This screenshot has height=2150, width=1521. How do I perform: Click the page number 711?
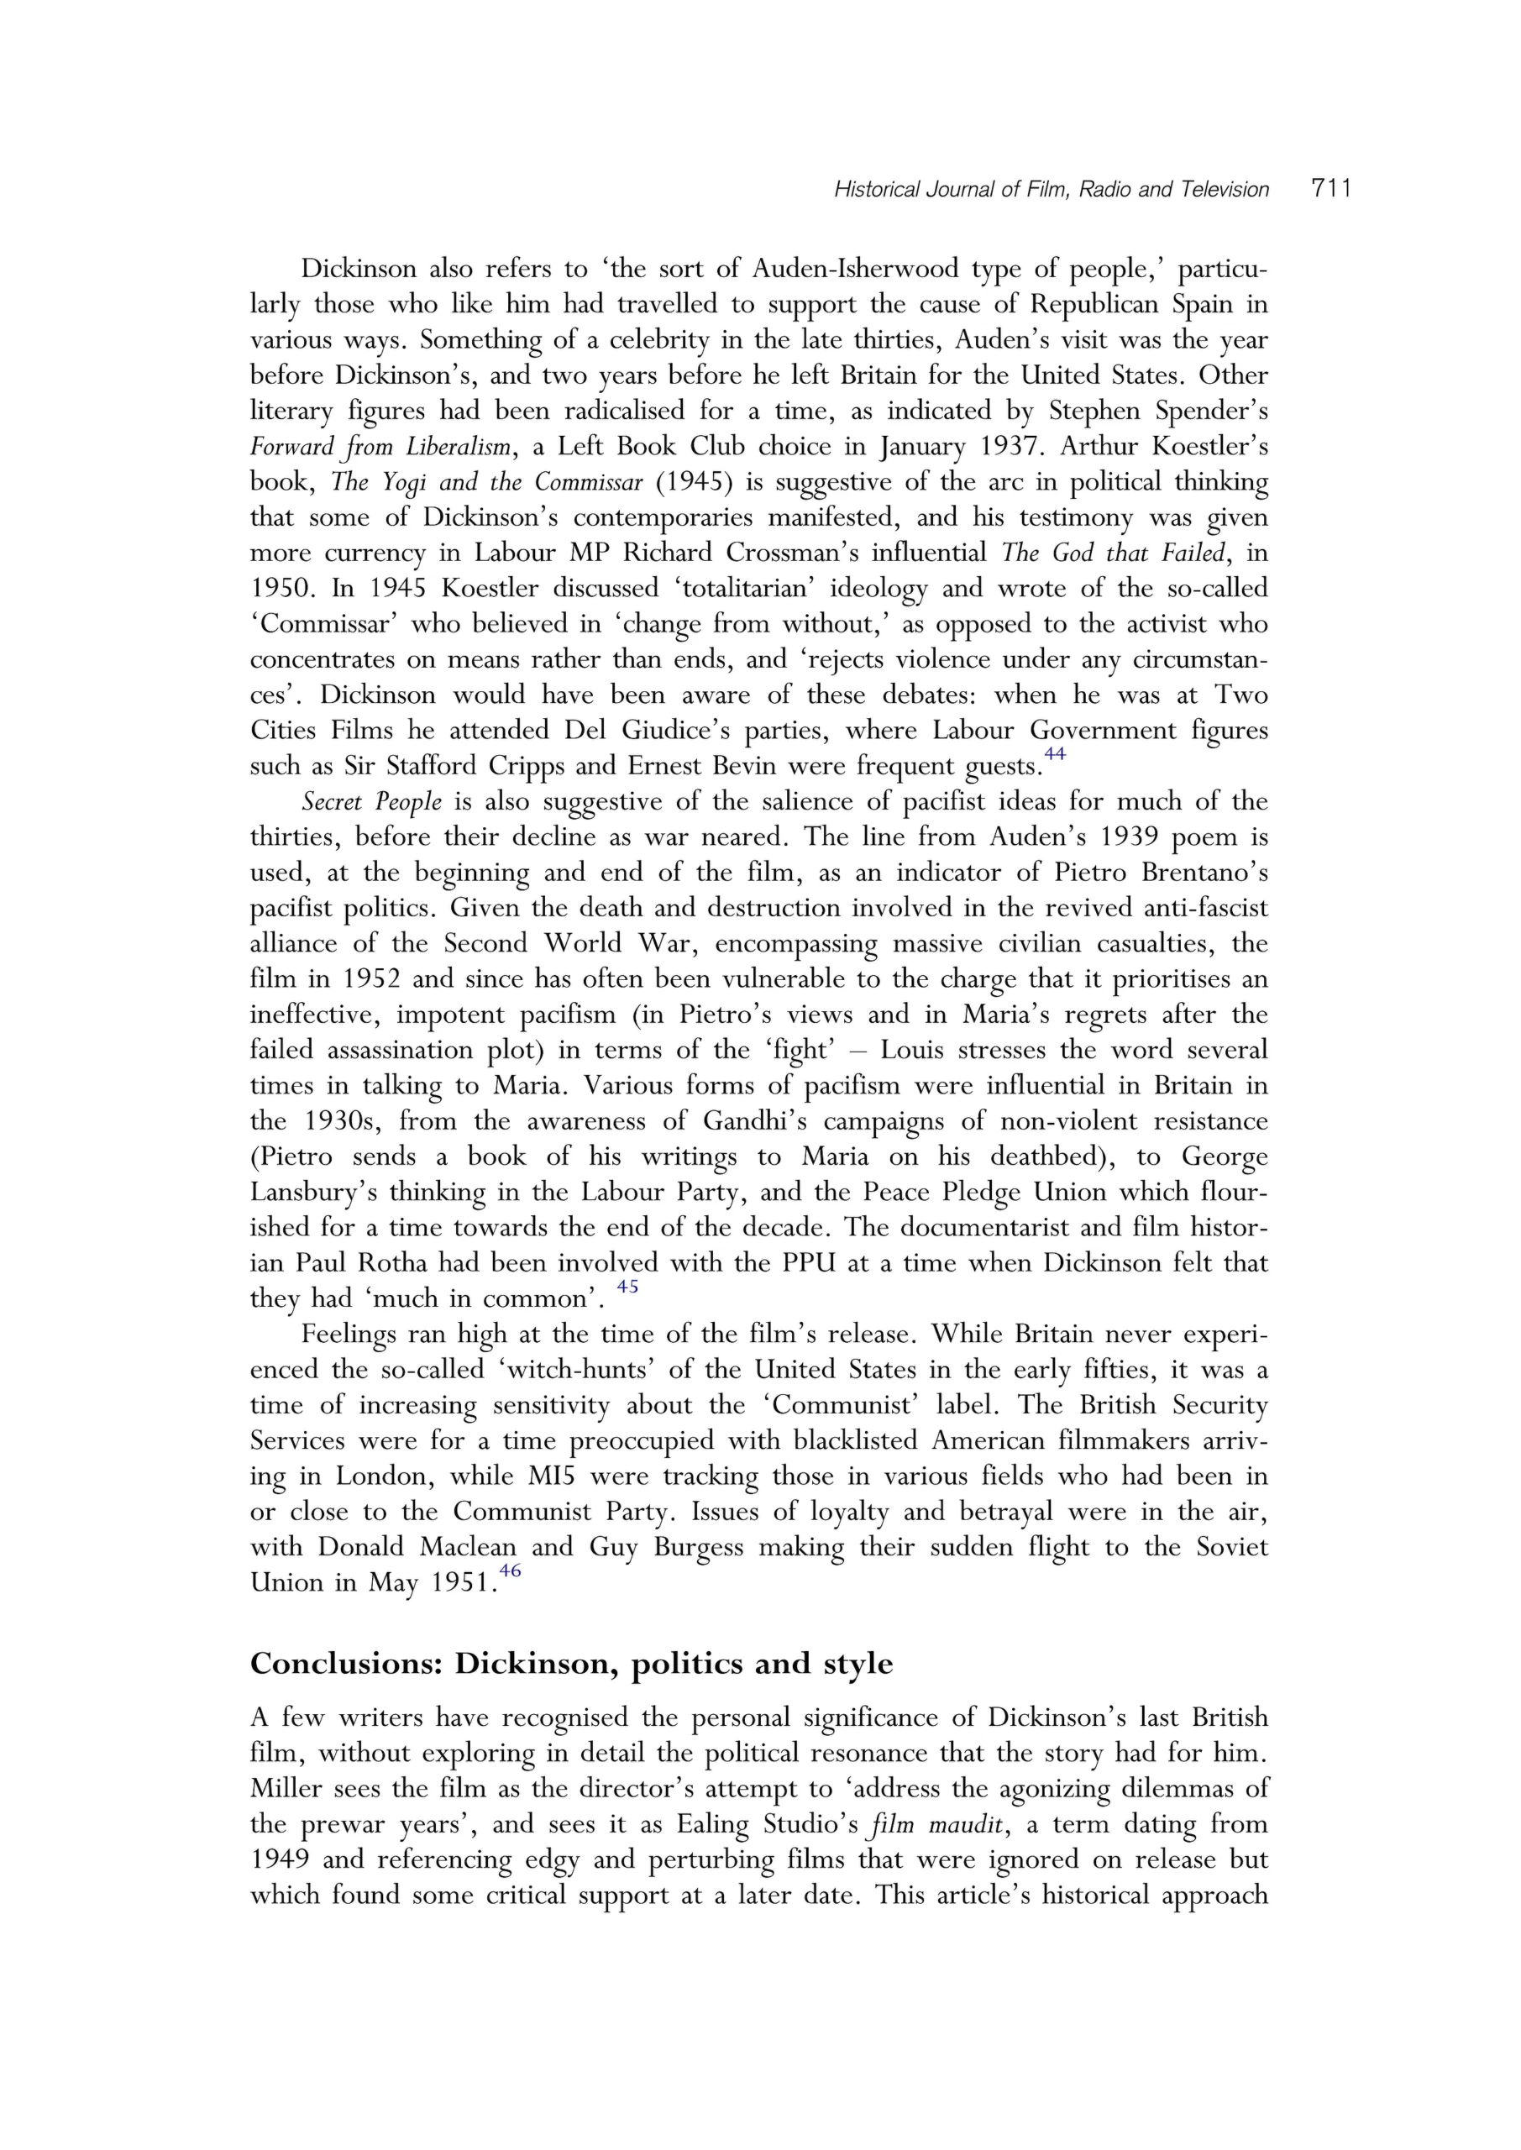(x=1332, y=188)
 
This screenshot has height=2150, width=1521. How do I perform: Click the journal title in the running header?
(x=1051, y=190)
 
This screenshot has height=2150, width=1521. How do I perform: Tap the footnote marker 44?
(x=1055, y=754)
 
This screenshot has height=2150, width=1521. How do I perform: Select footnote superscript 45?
(x=627, y=1287)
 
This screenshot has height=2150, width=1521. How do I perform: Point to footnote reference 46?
(x=510, y=1571)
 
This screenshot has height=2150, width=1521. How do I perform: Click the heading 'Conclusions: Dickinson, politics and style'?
(x=571, y=1664)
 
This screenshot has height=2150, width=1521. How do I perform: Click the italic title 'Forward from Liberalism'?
(x=381, y=447)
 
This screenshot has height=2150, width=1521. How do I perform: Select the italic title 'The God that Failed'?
(x=1113, y=553)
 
